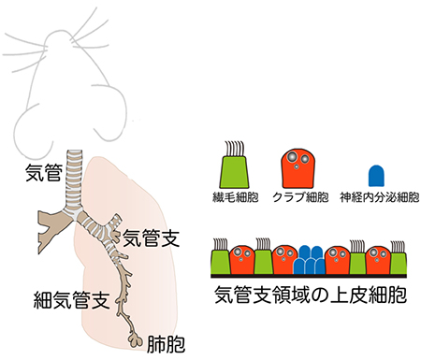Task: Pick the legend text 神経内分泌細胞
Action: click(380, 198)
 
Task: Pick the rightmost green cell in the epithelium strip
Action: click(399, 261)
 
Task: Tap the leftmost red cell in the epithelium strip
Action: click(243, 260)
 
